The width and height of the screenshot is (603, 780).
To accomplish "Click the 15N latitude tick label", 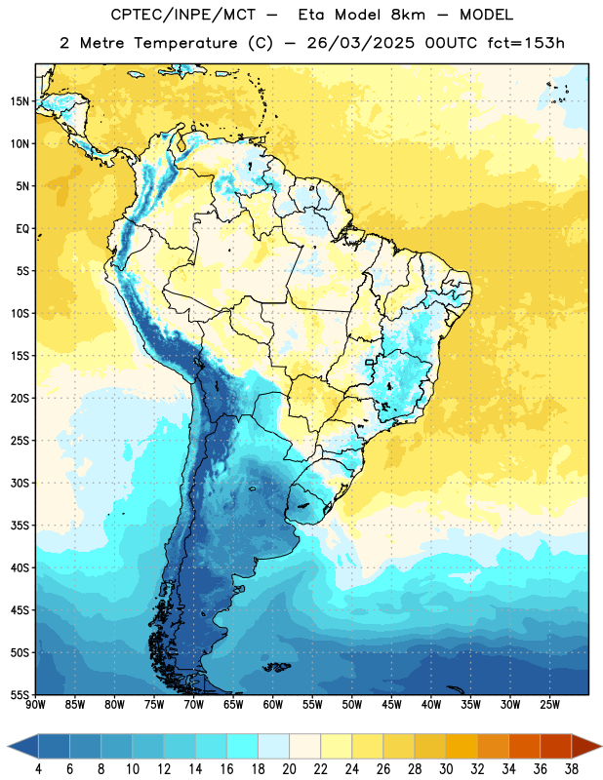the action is click(19, 101).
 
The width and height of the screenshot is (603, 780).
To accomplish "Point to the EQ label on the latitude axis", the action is click(22, 229).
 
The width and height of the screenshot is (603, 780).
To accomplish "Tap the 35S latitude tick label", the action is click(20, 526).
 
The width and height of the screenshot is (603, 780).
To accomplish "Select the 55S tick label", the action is click(20, 694).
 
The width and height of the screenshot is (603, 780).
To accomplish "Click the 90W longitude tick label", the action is click(35, 705).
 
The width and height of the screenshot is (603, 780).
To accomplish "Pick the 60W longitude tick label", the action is click(273, 705).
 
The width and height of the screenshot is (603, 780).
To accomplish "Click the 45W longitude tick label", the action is click(391, 705).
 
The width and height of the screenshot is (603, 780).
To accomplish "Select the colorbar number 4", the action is click(38, 769).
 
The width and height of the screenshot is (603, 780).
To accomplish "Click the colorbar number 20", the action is click(289, 769).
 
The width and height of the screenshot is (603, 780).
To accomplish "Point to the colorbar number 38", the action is click(572, 769).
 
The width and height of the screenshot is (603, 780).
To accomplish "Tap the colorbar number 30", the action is click(446, 769).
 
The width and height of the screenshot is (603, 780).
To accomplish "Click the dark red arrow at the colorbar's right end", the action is click(584, 746).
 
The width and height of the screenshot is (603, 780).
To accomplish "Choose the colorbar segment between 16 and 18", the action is click(242, 746).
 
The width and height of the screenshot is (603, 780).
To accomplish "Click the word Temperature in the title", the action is click(185, 43).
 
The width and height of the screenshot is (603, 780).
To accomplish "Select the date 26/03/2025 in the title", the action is click(360, 43).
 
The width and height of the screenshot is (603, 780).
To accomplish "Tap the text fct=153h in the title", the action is click(526, 43).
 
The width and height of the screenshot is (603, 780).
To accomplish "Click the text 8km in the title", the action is click(408, 15).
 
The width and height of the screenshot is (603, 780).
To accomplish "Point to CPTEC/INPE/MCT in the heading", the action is click(183, 15).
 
